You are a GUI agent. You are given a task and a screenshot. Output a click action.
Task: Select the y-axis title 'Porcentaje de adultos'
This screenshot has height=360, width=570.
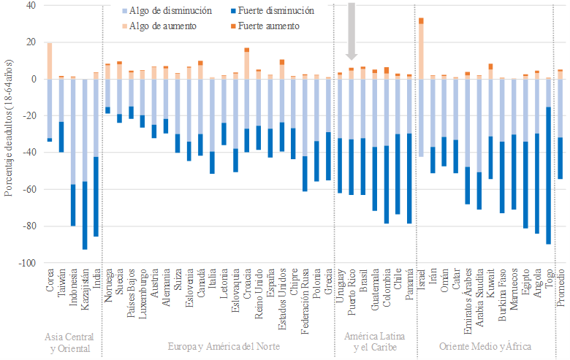click(x=9, y=134)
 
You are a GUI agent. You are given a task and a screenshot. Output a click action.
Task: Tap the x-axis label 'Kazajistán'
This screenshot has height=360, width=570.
click(x=85, y=294)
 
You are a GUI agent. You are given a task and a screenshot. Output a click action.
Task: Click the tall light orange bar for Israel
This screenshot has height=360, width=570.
click(x=422, y=51)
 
